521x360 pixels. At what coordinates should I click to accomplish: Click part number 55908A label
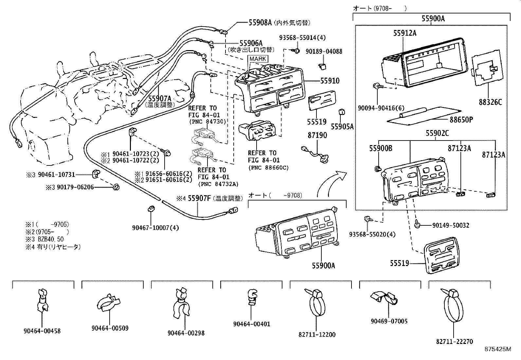260,22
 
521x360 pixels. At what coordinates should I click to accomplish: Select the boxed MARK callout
258,59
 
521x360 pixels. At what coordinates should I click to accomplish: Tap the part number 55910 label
330,81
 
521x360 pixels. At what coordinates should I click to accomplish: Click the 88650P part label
461,120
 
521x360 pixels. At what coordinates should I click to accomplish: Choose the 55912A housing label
405,33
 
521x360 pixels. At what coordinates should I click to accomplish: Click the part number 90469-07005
389,321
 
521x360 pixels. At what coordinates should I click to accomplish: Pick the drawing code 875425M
498,349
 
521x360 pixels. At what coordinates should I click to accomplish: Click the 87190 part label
317,135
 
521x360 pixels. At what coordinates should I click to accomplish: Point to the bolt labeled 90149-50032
418,225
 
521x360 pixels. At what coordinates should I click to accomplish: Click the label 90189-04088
324,51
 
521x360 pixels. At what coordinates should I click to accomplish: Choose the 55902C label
437,133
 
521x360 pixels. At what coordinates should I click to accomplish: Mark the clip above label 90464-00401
251,297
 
